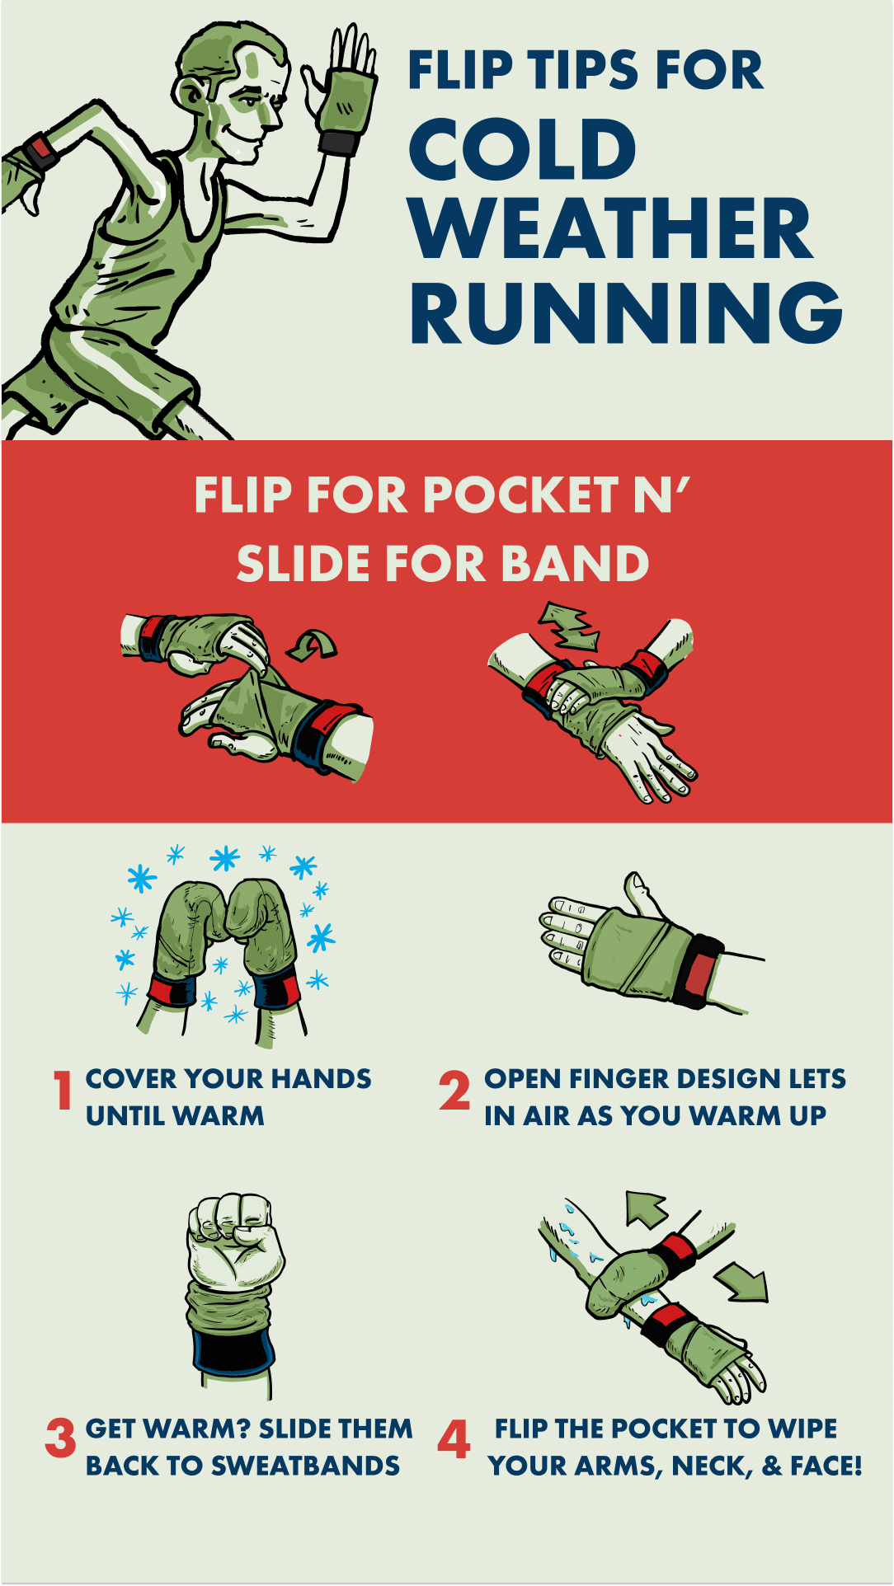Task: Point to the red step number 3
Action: click(60, 1438)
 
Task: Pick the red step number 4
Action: click(454, 1438)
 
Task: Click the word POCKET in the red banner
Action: click(521, 495)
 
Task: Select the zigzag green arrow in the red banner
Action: click(569, 626)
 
